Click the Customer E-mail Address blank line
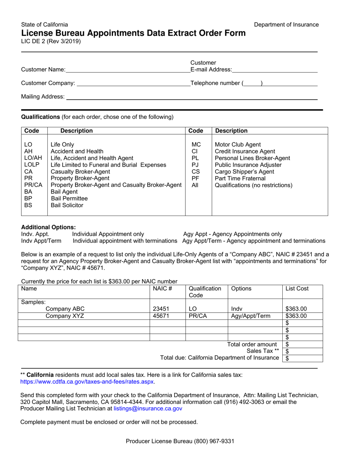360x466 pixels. pos(275,69)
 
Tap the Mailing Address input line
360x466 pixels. pos(191,97)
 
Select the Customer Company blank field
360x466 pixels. pos(133,83)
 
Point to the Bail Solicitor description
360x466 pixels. pos(67,205)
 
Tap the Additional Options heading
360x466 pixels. pos(48,227)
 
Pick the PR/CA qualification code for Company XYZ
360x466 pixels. pos(196,316)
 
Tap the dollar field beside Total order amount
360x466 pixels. pos(303,344)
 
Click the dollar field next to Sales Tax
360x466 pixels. pos(303,352)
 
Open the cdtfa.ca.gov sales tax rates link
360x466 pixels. pos(87,382)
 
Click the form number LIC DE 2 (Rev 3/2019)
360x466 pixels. pos(51,42)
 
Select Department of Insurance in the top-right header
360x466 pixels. pos(286,25)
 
